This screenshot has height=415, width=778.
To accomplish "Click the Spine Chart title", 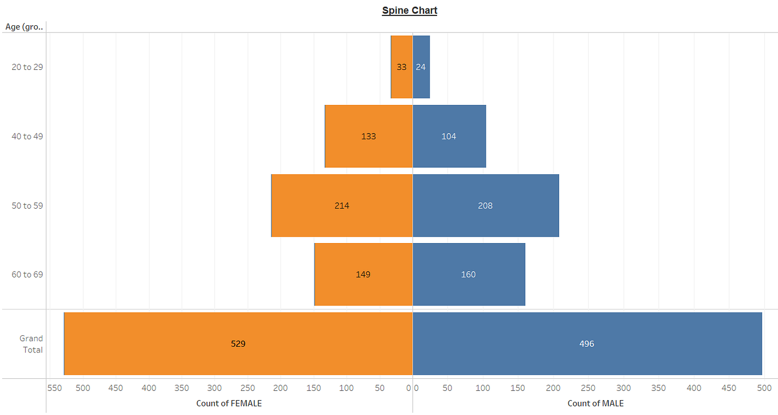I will [x=410, y=10].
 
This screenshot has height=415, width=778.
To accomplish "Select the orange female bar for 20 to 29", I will [x=401, y=67].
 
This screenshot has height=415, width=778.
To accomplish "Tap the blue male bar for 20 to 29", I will [x=421, y=67].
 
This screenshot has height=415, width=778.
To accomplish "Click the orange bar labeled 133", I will [x=368, y=136].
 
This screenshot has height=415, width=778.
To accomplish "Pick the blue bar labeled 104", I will [x=449, y=136].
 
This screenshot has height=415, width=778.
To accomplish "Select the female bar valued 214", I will [x=341, y=205].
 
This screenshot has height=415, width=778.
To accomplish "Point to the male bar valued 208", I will [x=485, y=205].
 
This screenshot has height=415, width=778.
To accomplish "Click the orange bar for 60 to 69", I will [x=363, y=275].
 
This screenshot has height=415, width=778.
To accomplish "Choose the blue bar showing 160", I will [x=469, y=275].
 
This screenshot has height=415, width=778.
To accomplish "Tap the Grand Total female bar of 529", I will [x=238, y=344].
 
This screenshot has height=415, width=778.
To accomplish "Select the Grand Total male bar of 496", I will [x=587, y=344].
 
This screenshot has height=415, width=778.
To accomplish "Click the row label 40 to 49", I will [x=27, y=136].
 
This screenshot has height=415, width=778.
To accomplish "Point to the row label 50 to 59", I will [x=27, y=205].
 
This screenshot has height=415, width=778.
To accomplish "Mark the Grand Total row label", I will [x=32, y=344].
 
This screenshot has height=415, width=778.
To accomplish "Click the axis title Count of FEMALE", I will [x=229, y=404].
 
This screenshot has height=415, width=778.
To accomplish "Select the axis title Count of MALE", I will [x=596, y=404].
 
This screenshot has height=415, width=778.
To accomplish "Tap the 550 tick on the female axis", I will [x=54, y=388].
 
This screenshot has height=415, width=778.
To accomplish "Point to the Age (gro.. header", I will [x=24, y=26].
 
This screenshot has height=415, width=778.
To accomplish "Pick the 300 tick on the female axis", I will [x=214, y=388].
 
